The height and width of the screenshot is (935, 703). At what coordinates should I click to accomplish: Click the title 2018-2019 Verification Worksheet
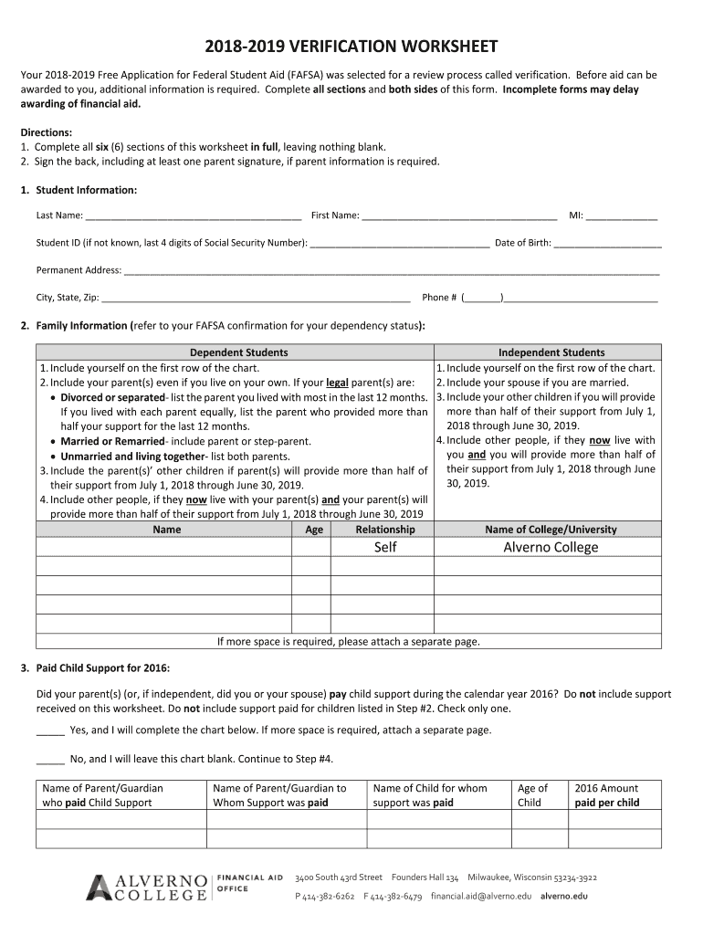(x=351, y=47)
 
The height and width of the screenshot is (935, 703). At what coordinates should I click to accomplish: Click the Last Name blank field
(x=194, y=216)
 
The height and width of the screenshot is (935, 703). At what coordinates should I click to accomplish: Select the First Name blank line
(x=459, y=216)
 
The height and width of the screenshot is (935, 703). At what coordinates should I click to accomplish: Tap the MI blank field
(x=622, y=216)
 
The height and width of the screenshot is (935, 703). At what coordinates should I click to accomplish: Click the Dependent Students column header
(x=238, y=352)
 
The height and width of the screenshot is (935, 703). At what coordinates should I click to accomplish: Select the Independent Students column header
(x=551, y=352)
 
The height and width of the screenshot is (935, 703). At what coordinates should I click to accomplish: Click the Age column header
(x=314, y=530)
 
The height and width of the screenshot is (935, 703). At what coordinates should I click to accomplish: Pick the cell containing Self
(x=385, y=547)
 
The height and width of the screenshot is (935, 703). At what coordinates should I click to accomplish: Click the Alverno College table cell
(x=551, y=547)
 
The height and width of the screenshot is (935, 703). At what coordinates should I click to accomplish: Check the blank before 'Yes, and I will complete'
(x=50, y=730)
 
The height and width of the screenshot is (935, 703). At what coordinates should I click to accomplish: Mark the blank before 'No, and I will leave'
(x=50, y=759)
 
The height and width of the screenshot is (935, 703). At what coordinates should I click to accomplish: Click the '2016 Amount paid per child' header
(x=606, y=795)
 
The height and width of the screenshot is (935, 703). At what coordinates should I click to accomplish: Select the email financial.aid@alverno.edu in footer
(x=481, y=897)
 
